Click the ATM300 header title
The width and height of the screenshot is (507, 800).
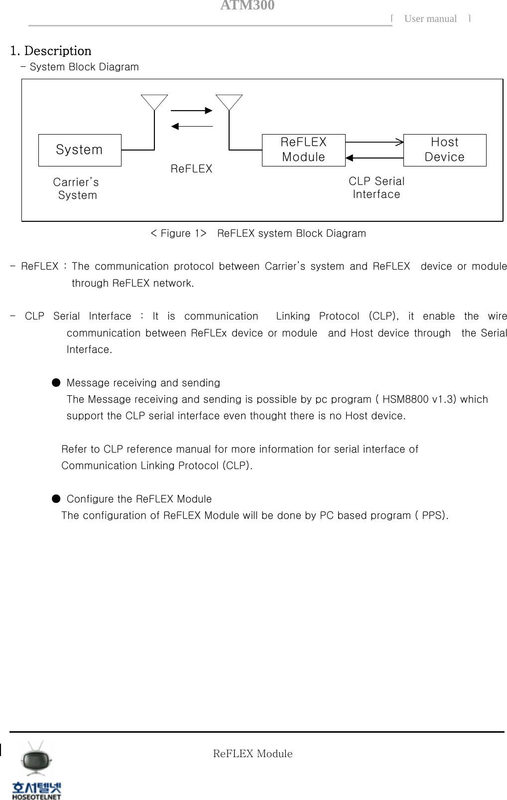pyautogui.click(x=247, y=5)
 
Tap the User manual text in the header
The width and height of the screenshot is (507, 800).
pyautogui.click(x=430, y=19)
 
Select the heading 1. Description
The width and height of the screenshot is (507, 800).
pyautogui.click(x=51, y=51)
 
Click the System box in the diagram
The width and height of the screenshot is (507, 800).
pyautogui.click(x=80, y=150)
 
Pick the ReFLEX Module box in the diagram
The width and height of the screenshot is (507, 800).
pyautogui.click(x=303, y=150)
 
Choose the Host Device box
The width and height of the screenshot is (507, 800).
pyautogui.click(x=444, y=150)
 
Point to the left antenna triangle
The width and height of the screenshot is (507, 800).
pyautogui.click(x=154, y=102)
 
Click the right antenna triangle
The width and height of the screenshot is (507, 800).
pyautogui.click(x=229, y=102)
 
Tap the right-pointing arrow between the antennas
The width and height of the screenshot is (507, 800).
pyautogui.click(x=192, y=111)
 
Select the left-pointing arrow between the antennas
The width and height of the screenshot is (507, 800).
pyautogui.click(x=192, y=127)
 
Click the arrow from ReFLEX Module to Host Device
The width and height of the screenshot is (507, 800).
pyautogui.click(x=374, y=143)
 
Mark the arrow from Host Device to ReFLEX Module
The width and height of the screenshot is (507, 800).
pyautogui.click(x=374, y=158)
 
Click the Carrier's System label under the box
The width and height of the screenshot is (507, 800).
pyautogui.click(x=76, y=189)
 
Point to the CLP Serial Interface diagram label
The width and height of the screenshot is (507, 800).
pyautogui.click(x=377, y=188)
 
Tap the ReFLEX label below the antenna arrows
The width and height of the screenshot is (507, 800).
pyautogui.click(x=191, y=169)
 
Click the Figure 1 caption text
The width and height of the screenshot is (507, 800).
pyautogui.click(x=258, y=233)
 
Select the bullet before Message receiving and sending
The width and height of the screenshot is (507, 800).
pyautogui.click(x=56, y=383)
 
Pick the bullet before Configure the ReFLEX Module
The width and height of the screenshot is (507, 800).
pyautogui.click(x=56, y=499)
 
